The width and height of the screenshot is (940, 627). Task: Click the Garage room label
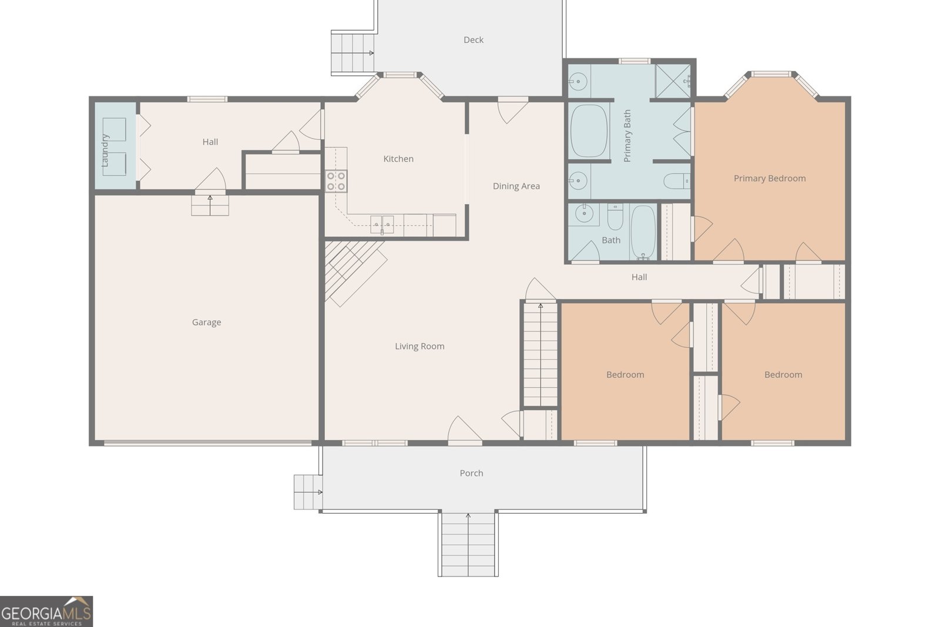click(x=206, y=322)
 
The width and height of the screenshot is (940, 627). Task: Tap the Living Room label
click(x=419, y=346)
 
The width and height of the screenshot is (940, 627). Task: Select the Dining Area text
click(x=516, y=186)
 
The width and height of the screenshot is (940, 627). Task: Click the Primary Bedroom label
click(x=769, y=179)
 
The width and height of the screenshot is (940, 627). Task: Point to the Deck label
click(x=474, y=40)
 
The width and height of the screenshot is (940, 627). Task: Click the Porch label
click(x=471, y=473)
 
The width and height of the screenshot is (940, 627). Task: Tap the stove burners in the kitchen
click(x=336, y=181)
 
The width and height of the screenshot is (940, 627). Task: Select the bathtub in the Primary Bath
click(x=589, y=131)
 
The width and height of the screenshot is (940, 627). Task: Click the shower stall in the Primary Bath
click(x=673, y=79)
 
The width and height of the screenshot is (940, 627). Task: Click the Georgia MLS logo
click(x=46, y=611)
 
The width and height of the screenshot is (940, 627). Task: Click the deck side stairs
click(x=352, y=53)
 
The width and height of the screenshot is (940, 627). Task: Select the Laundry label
click(x=106, y=150)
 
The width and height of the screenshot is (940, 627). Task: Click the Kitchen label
click(x=398, y=159)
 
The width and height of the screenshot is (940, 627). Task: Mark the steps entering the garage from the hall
click(x=210, y=205)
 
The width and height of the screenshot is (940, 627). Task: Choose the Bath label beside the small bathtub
click(x=611, y=240)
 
